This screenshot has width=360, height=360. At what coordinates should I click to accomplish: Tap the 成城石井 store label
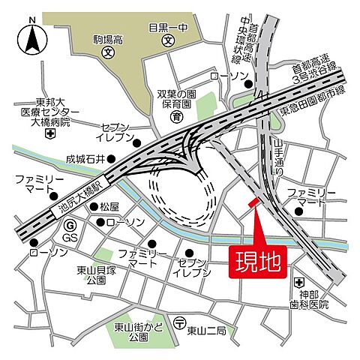86,159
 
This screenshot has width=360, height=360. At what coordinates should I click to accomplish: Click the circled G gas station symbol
70,225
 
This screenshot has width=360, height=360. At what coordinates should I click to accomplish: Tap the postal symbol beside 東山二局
179,323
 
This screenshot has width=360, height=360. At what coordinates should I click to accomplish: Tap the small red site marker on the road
253,202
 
